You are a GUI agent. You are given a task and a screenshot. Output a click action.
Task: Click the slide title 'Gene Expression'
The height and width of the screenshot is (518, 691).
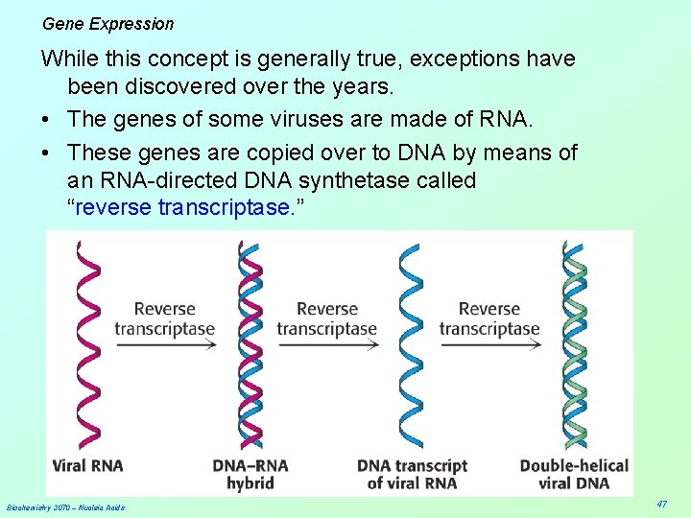point(108,24)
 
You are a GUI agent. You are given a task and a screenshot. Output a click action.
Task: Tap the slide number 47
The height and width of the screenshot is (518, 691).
point(661,504)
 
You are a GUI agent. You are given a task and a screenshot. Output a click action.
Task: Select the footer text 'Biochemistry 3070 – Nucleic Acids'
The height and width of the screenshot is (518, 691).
point(65,506)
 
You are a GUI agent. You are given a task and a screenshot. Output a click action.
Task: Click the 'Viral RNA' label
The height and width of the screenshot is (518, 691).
point(87,466)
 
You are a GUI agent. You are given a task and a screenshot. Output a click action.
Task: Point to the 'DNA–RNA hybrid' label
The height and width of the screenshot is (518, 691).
point(250,474)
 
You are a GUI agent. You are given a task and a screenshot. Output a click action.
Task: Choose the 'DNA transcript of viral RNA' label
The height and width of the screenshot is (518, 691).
point(412,474)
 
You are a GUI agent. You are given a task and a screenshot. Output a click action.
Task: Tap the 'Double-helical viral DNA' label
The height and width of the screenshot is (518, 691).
point(574,474)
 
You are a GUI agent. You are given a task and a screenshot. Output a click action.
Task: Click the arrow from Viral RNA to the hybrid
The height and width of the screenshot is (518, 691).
point(165,345)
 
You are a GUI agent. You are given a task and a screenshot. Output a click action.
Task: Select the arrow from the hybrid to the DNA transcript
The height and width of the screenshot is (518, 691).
point(327,345)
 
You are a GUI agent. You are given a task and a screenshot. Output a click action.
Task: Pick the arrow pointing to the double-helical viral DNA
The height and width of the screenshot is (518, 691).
point(489,345)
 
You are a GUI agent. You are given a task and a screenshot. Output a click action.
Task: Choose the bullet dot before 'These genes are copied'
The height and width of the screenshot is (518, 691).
point(46,152)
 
